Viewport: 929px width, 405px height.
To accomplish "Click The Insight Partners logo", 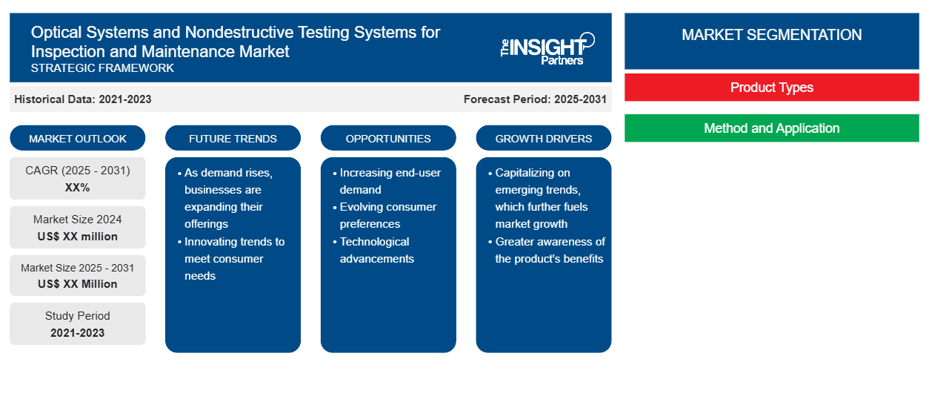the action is [x=547, y=49].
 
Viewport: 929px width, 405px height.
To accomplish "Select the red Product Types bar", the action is [x=771, y=88].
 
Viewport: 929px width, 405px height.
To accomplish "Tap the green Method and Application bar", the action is [x=771, y=128].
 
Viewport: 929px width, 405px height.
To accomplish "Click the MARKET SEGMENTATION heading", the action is [x=771, y=34].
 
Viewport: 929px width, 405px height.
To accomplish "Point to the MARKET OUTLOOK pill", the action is [x=78, y=138].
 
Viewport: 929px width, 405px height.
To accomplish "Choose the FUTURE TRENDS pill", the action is [x=233, y=138].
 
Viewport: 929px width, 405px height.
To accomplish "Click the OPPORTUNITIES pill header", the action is [x=388, y=138].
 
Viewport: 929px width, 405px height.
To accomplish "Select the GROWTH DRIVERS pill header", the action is [x=543, y=138].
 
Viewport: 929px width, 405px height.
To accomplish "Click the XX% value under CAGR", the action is [x=78, y=188].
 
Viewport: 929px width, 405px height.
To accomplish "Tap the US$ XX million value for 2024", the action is [x=78, y=237].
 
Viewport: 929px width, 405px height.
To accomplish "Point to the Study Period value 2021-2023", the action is [x=78, y=333].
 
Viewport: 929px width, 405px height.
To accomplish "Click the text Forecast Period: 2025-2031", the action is [x=535, y=99].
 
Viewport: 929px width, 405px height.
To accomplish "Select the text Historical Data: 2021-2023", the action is [x=83, y=99].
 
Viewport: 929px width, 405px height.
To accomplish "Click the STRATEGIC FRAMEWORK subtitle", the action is [x=102, y=68].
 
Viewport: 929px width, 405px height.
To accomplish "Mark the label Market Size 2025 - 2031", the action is [x=78, y=268].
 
